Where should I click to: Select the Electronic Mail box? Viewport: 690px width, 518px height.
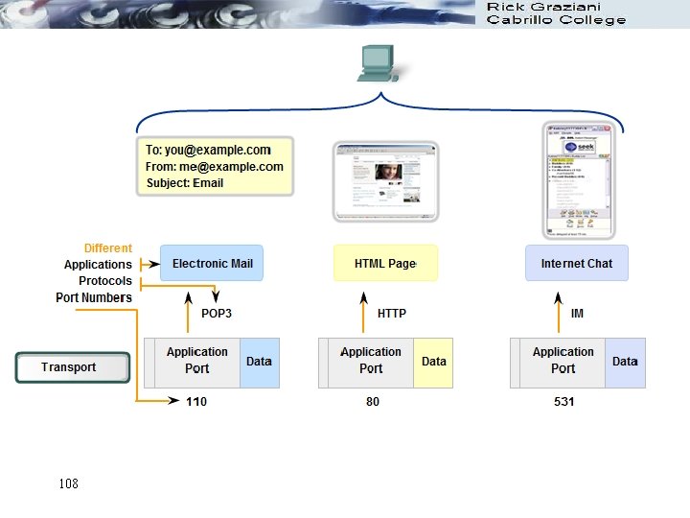pyautogui.click(x=212, y=264)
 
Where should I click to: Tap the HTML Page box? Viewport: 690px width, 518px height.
pyautogui.click(x=385, y=264)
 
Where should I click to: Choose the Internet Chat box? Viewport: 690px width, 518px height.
pyautogui.click(x=576, y=264)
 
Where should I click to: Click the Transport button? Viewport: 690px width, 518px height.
pyautogui.click(x=72, y=367)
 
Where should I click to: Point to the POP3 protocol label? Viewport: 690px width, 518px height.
pyautogui.click(x=217, y=314)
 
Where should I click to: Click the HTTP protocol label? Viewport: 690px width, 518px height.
pyautogui.click(x=392, y=314)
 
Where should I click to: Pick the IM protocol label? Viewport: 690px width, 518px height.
pyautogui.click(x=577, y=314)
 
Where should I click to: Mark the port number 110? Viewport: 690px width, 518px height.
pyautogui.click(x=196, y=402)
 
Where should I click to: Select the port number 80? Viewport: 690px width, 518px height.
pyautogui.click(x=373, y=402)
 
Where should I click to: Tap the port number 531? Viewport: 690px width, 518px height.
pyautogui.click(x=563, y=402)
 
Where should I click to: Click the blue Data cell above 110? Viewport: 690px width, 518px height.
pyautogui.click(x=259, y=362)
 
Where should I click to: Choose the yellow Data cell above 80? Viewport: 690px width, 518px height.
pyautogui.click(x=433, y=362)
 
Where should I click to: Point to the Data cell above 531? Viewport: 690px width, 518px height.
pyautogui.click(x=625, y=362)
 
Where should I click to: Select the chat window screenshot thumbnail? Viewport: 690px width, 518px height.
pyautogui.click(x=576, y=179)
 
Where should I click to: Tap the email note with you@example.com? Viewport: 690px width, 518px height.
pyautogui.click(x=215, y=166)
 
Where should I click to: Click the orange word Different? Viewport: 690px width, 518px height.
pyautogui.click(x=108, y=248)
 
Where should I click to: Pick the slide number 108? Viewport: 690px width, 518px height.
pyautogui.click(x=68, y=483)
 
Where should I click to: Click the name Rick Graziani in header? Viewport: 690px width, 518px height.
pyautogui.click(x=544, y=8)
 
